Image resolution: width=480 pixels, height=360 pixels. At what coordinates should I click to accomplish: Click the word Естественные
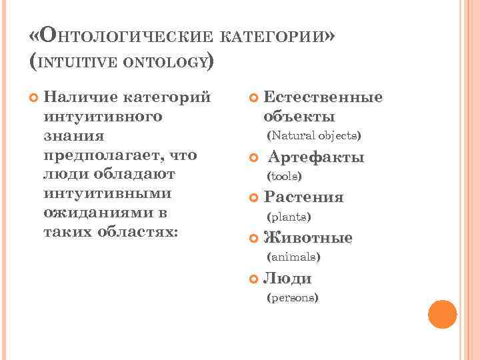(x=323, y=97)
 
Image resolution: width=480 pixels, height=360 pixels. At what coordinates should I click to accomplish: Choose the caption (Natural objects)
(x=313, y=137)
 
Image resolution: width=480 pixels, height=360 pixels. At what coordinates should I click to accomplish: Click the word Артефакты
(x=316, y=158)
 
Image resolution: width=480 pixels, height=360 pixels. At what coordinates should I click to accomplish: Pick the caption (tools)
(x=284, y=177)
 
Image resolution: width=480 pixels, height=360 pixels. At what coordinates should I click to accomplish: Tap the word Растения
(x=304, y=197)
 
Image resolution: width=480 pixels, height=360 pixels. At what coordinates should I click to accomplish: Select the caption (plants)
(x=289, y=217)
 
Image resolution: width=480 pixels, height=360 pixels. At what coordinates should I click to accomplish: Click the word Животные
(x=308, y=238)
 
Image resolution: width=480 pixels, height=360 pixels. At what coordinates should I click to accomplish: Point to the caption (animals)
(x=293, y=257)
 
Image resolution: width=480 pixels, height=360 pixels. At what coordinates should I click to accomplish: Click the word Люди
(x=288, y=278)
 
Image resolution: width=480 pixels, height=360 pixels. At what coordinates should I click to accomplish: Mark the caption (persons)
(x=292, y=297)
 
